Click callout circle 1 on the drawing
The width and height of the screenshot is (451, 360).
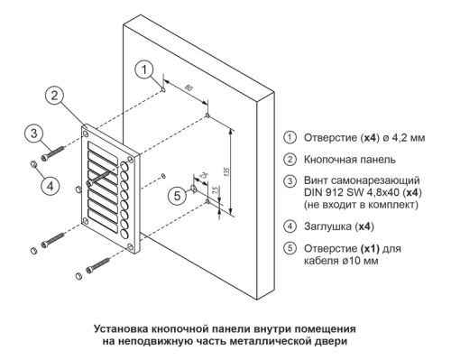(144, 69)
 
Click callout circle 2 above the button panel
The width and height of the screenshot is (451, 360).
(54, 96)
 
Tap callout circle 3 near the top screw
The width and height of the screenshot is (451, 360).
(34, 134)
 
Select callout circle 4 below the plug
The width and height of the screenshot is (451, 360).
(50, 186)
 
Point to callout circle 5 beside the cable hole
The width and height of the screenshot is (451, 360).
(177, 197)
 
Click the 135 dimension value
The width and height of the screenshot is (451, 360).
(227, 171)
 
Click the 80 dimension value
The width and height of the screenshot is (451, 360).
(189, 88)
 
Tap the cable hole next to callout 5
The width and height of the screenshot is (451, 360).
(194, 189)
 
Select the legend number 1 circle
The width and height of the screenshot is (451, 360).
(290, 138)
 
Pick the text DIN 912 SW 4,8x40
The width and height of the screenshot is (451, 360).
(353, 192)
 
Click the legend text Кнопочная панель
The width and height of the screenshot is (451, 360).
(350, 160)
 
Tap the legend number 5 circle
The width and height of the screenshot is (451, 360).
(290, 248)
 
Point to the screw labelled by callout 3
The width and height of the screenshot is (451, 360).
(53, 152)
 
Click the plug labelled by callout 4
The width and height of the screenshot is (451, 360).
(33, 164)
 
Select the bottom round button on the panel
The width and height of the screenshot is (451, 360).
(124, 234)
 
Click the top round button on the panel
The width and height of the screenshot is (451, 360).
(124, 166)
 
